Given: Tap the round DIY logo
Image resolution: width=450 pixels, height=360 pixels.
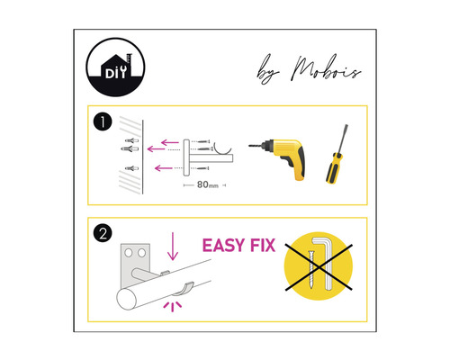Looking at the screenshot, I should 116,69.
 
